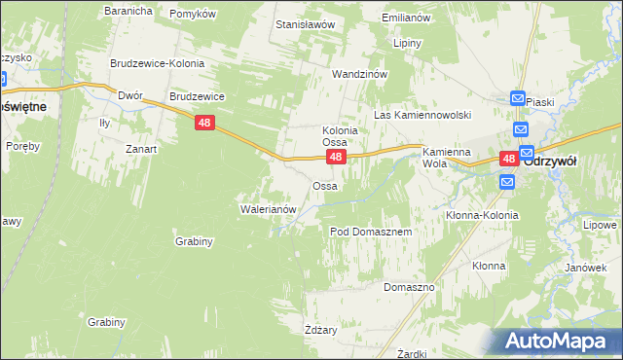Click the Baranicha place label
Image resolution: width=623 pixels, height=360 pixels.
tap(128, 11)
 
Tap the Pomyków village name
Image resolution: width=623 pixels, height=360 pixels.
tap(192, 14)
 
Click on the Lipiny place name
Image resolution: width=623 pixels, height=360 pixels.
tap(407, 44)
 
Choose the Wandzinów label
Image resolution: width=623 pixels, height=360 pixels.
tap(360, 74)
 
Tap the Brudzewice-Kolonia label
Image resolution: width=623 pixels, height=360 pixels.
tap(157, 62)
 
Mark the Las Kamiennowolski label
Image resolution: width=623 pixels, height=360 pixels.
tap(422, 115)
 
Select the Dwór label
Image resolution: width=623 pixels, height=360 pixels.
tap(129, 96)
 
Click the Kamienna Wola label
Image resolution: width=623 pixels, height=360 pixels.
tap(447, 158)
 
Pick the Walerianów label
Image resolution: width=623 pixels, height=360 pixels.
tap(267, 208)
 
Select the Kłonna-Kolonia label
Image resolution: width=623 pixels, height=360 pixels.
tap(482, 215)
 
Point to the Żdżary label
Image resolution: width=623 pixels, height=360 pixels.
tap(320, 330)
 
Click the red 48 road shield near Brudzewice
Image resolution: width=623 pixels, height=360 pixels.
tap(203, 123)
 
